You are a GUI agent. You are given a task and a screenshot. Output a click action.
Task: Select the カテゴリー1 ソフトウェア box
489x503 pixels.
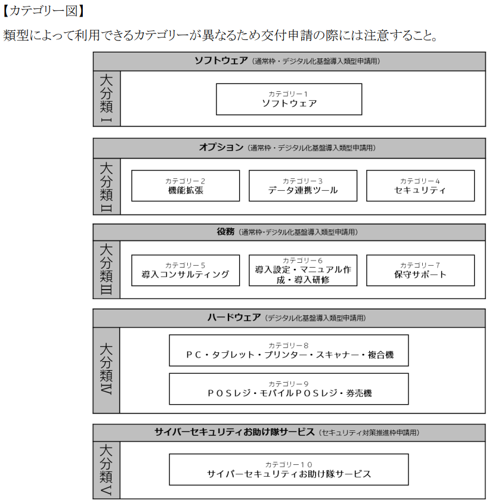click(x=289, y=99)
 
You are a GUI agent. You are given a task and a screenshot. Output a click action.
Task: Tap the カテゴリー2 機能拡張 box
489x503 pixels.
click(x=185, y=186)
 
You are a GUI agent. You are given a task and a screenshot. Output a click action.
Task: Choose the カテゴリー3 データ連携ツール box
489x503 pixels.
click(x=303, y=186)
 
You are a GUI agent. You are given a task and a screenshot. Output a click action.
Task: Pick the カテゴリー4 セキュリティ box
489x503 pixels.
click(x=420, y=186)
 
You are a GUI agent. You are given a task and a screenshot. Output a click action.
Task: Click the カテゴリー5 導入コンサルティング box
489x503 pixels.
click(x=185, y=271)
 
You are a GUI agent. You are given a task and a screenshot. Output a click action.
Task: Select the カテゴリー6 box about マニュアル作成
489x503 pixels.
click(x=303, y=271)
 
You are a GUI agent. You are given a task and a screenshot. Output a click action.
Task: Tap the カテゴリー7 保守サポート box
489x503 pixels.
click(x=420, y=271)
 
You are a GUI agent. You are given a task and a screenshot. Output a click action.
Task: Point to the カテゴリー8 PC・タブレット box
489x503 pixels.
click(x=289, y=350)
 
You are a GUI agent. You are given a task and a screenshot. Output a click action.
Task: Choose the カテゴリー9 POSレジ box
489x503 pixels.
click(x=289, y=389)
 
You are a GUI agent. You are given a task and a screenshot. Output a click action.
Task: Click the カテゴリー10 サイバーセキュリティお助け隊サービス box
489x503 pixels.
click(x=289, y=469)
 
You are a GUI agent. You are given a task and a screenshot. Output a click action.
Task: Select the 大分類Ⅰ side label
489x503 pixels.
click(x=107, y=98)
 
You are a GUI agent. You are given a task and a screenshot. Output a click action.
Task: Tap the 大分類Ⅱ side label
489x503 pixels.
click(x=107, y=187)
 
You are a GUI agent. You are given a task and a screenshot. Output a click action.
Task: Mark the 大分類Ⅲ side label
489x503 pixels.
click(x=107, y=270)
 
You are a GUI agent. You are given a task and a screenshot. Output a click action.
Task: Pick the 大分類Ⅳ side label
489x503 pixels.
click(x=106, y=370)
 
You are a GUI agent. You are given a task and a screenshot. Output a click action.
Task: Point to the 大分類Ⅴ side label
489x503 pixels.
click(x=106, y=470)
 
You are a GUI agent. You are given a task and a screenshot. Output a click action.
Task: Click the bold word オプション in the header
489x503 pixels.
click(x=221, y=147)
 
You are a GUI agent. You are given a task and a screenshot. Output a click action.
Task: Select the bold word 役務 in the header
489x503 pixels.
click(x=225, y=232)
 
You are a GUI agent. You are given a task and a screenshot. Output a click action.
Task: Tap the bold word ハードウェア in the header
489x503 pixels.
click(x=234, y=318)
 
